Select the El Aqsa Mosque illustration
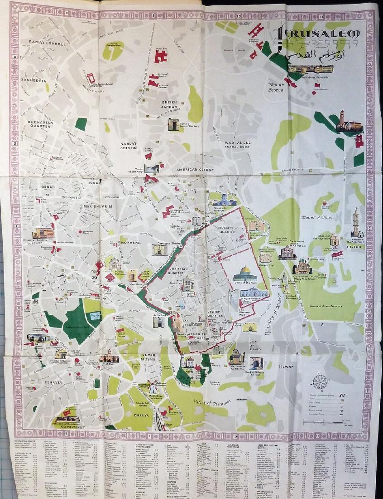coord(254,292)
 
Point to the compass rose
coord(321,381)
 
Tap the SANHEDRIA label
coord(34,80)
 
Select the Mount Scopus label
coord(276,87)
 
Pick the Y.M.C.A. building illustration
coord(109,358)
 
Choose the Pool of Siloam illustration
coord(256,363)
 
